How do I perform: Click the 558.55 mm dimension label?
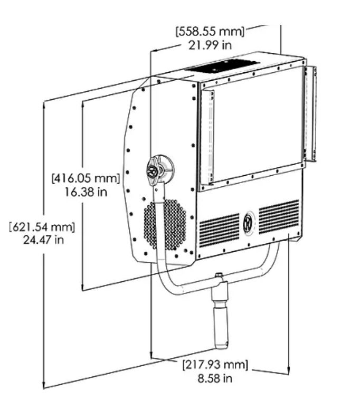tap(210, 31)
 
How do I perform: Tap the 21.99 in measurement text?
tap(210, 45)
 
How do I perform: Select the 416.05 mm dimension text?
tap(86, 178)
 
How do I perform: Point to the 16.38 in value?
tap(86, 192)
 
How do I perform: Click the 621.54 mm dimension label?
tap(42, 227)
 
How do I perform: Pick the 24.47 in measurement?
tap(43, 240)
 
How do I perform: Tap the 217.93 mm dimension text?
tap(215, 365)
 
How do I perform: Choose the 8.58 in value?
tap(215, 378)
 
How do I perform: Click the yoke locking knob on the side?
tap(160, 169)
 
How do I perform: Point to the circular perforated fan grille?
tap(165, 224)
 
